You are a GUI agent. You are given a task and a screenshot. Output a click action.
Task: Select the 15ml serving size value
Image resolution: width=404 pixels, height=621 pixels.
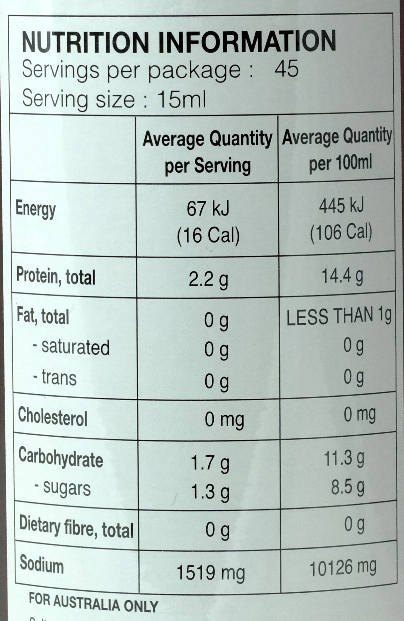(182, 99)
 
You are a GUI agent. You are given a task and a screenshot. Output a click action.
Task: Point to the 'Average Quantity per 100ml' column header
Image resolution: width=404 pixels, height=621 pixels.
(337, 149)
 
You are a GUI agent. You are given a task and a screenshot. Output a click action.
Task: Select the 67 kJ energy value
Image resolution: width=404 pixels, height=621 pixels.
(208, 209)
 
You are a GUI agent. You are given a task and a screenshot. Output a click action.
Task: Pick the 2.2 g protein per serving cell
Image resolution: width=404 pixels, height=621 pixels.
(208, 280)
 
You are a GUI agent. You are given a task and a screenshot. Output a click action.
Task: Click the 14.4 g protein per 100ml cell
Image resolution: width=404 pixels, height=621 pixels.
(342, 276)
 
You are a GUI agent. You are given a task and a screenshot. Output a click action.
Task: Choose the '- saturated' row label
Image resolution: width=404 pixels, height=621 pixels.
(71, 347)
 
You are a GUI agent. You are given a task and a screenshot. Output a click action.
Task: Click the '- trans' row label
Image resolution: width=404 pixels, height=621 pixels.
(55, 378)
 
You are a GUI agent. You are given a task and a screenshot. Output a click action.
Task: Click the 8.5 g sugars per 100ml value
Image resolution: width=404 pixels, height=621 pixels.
(347, 487)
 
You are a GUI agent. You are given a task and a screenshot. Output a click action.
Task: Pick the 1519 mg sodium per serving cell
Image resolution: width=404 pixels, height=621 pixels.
(210, 572)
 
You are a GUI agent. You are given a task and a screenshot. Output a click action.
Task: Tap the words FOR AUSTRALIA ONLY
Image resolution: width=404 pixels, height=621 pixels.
(93, 604)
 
